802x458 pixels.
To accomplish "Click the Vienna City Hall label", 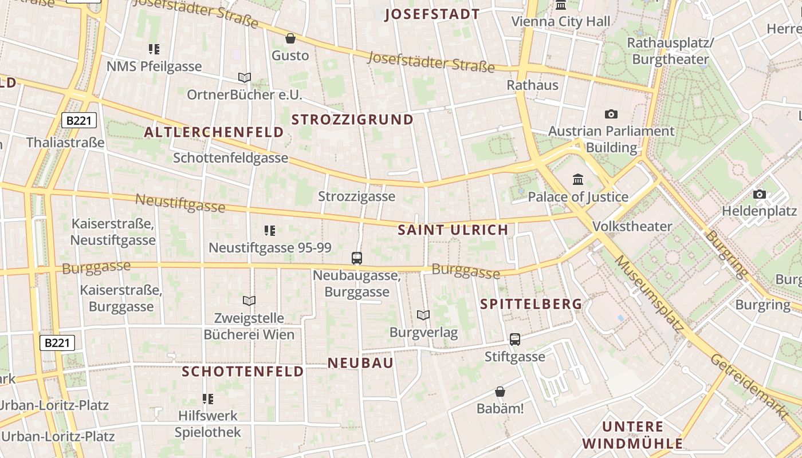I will pos(560,22).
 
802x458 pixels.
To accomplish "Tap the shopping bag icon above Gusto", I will pos(290,38).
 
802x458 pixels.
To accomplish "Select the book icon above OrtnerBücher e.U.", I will pos(245,77).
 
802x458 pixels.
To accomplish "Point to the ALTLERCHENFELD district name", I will pos(214,132).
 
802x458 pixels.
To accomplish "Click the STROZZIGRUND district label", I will pos(352,120).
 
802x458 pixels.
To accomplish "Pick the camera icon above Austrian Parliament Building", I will pos(611,114).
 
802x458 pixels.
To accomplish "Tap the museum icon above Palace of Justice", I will pos(578,180).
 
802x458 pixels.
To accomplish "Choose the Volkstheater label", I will pos(632,226).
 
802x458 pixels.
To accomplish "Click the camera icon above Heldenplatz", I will pos(760,194).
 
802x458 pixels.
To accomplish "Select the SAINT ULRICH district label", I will pos(453,230).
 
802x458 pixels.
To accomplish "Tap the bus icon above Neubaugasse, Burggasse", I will pos(357,258).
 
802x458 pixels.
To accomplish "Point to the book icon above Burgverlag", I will pos(423,315).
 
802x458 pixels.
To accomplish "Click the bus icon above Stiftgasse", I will pos(515,339).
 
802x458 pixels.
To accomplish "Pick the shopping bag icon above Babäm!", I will pos(500,392).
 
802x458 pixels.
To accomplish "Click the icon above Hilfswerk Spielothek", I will pos(208,398).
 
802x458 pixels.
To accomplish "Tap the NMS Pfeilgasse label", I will pos(154,66).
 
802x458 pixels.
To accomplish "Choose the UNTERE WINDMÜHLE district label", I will pos(632,435).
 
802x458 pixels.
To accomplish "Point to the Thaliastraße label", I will pos(65,142).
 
